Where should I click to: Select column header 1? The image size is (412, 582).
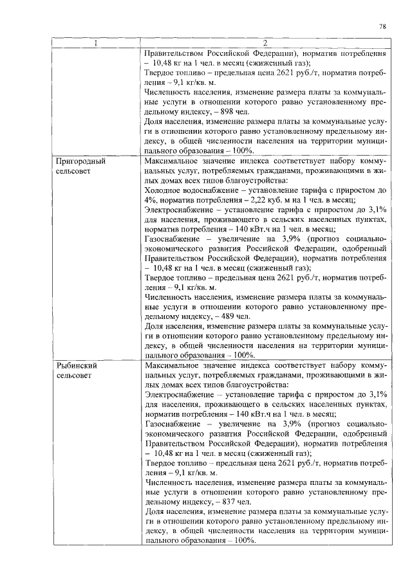[95, 44]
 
